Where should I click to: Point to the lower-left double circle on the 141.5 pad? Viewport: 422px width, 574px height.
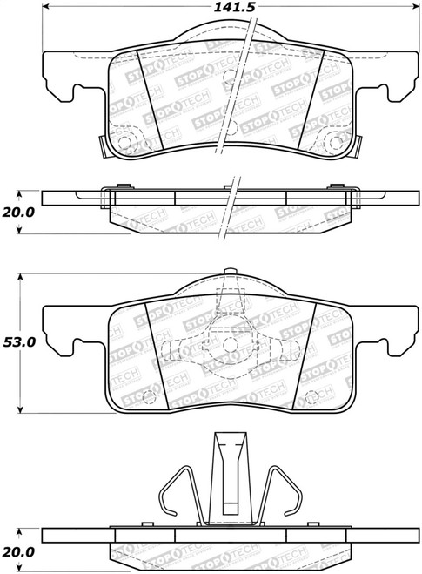pyautogui.click(x=123, y=141)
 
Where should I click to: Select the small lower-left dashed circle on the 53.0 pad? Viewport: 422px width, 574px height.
pyautogui.click(x=147, y=396)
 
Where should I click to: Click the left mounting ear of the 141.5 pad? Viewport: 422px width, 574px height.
pyautogui.click(x=61, y=78)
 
